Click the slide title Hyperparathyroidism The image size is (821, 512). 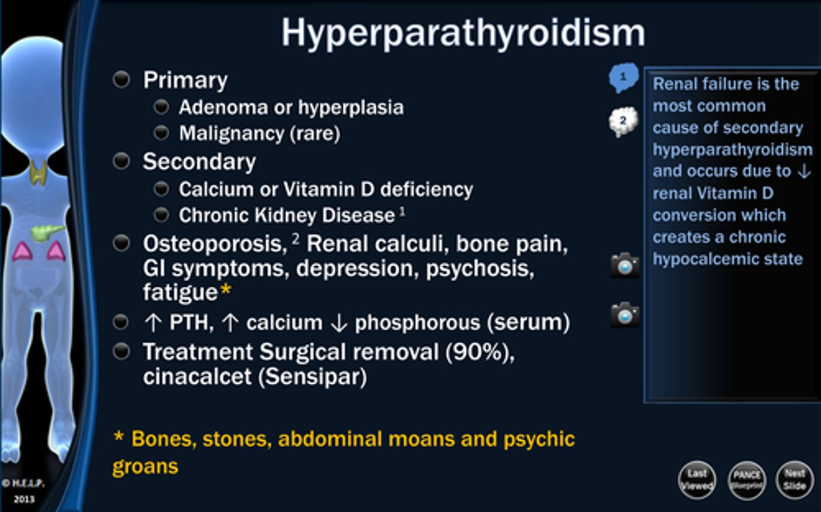[463, 33]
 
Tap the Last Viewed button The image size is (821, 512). [697, 480]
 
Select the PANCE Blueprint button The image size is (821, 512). [746, 480]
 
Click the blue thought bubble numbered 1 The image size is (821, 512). [623, 77]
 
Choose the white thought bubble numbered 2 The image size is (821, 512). [623, 121]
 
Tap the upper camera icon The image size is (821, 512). [625, 265]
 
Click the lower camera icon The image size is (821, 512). [625, 314]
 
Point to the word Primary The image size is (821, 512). [185, 80]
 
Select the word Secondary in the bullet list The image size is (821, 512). [199, 162]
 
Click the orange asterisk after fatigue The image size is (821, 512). [226, 290]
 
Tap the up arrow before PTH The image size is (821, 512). [153, 323]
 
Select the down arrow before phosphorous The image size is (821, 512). [339, 323]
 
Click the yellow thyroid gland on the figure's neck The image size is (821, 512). [38, 172]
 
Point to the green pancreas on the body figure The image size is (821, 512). [47, 232]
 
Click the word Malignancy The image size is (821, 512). [231, 133]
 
